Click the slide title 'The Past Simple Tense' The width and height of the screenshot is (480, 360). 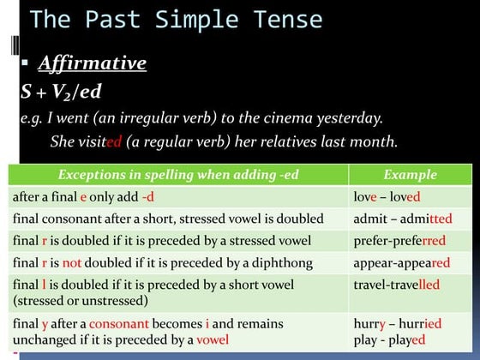(x=176, y=19)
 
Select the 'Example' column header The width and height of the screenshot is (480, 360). (x=410, y=175)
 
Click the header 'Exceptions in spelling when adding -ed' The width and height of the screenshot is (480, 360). (x=178, y=175)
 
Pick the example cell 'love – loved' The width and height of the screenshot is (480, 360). (x=387, y=196)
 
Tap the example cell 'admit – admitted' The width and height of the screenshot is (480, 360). (x=403, y=219)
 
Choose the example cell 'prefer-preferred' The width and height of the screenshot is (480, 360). (x=399, y=241)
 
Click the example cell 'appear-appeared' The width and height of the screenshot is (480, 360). (x=401, y=263)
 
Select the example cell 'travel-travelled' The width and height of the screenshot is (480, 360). (x=396, y=285)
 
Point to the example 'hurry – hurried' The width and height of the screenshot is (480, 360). (x=398, y=324)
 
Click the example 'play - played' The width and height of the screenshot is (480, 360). (x=390, y=339)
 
